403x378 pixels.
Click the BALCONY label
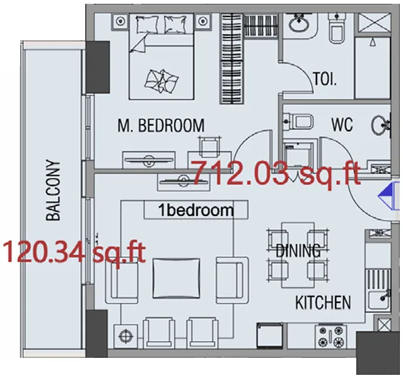coord(54,191)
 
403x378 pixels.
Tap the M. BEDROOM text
coord(161,126)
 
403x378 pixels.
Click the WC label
coord(342,124)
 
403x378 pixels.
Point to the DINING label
coord(298,251)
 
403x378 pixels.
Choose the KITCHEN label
coord(323,303)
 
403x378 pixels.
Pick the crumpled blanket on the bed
coord(161,79)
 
